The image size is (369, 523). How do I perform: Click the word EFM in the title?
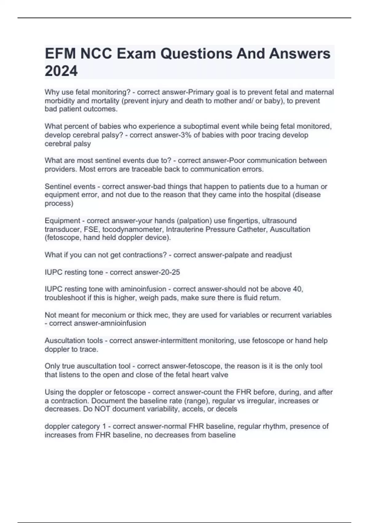pyautogui.click(x=60, y=54)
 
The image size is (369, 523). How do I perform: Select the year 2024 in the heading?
pyautogui.click(x=61, y=71)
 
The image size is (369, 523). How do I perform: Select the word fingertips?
pyautogui.click(x=243, y=221)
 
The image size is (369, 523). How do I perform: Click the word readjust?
pyautogui.click(x=278, y=255)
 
